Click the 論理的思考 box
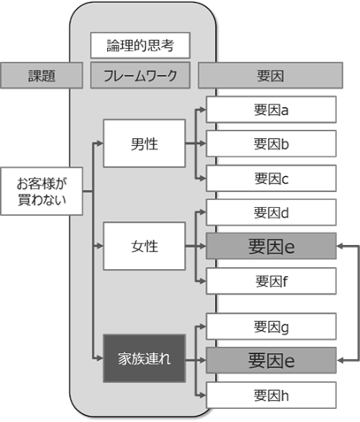pyautogui.click(x=140, y=45)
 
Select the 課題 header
pyautogui.click(x=42, y=75)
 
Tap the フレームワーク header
pyautogui.click(x=140, y=75)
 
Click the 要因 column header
pyautogui.click(x=271, y=75)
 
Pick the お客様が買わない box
pyautogui.click(x=42, y=191)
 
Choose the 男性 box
pyautogui.click(x=144, y=143)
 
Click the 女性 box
pyautogui.click(x=144, y=246)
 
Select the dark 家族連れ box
pyautogui.click(x=144, y=358)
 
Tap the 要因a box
pyautogui.click(x=271, y=110)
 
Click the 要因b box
pyautogui.click(x=271, y=143)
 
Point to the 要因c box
pyautogui.click(x=271, y=178)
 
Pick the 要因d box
pyautogui.click(x=271, y=212)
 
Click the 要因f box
pyautogui.click(x=271, y=281)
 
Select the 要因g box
pyautogui.click(x=271, y=326)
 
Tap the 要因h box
pyautogui.click(x=271, y=395)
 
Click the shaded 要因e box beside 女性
pyautogui.click(x=271, y=246)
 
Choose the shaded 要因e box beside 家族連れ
pyautogui.click(x=271, y=360)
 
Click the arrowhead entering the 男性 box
pyautogui.click(x=100, y=143)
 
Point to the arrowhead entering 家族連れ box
pyautogui.click(x=100, y=358)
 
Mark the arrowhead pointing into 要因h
pyautogui.click(x=203, y=395)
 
